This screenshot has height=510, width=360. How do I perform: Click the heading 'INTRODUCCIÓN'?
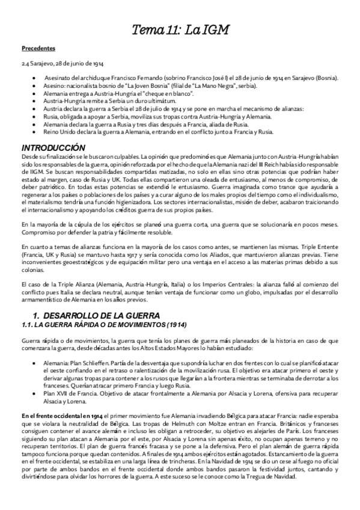pyautogui.click(x=53, y=148)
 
